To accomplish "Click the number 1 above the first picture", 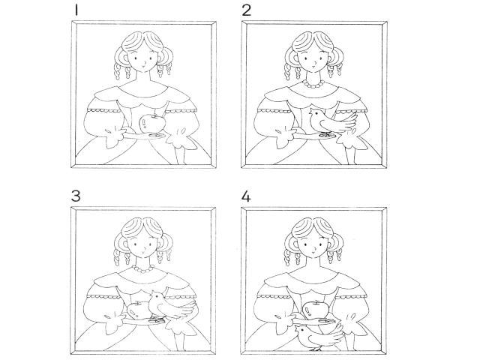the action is pos(76,10).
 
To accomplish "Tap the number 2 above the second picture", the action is pos(247,10).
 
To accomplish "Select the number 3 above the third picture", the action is pos(76,196).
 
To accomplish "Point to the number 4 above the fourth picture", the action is pos(246,196).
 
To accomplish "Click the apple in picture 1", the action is pos(151,124).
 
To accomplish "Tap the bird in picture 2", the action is pos(332,121).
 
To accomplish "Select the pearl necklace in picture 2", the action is pos(313,84).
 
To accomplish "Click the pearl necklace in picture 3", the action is pos(143,269).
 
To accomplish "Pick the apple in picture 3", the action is pos(138,310).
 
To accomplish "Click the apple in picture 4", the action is pos(315,309).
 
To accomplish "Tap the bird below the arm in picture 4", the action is pos(318,337).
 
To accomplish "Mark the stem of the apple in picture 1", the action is pos(155,115).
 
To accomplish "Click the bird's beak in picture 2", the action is pos(310,112).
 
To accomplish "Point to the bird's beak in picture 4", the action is pos(295,329).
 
